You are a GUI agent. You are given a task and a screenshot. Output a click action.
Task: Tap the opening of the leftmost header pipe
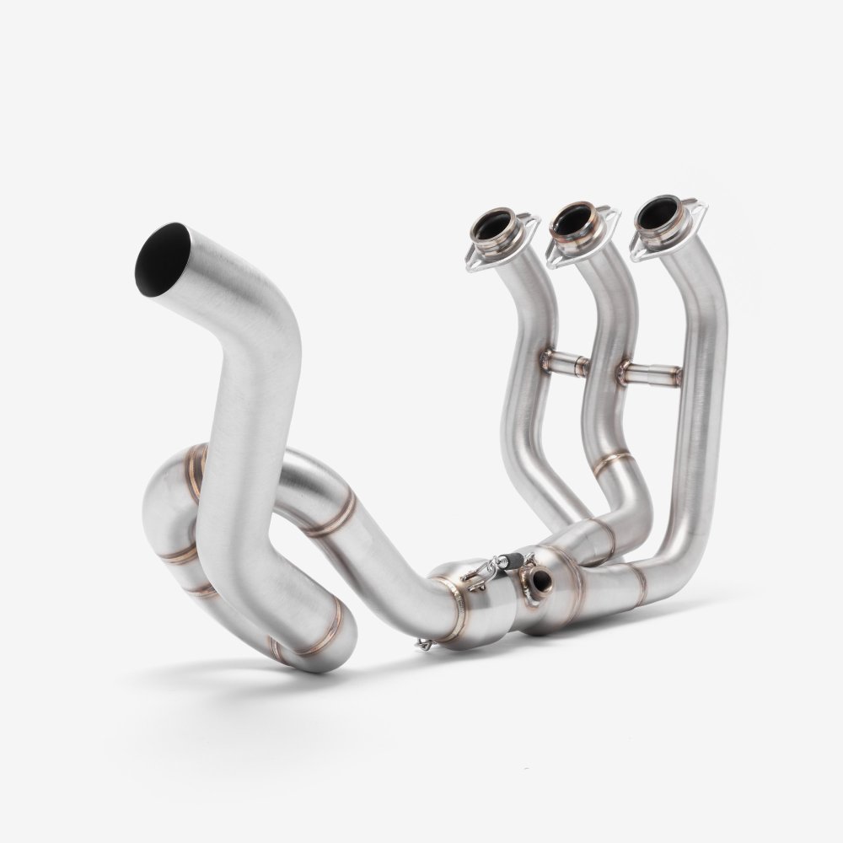pyautogui.click(x=491, y=227)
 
